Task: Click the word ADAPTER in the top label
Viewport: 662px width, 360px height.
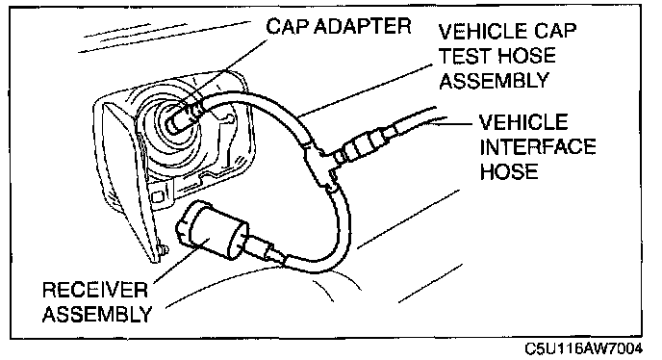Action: [x=362, y=26]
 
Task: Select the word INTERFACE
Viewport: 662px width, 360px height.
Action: [x=538, y=146]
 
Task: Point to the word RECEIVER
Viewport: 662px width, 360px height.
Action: [x=95, y=290]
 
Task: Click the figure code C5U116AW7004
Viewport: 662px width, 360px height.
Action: [x=583, y=349]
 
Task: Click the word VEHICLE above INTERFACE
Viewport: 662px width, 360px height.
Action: [x=523, y=122]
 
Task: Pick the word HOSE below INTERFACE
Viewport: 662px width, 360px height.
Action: [x=509, y=171]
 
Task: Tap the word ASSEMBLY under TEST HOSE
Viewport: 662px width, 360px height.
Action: [x=494, y=80]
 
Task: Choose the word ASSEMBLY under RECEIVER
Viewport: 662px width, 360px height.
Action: [x=97, y=315]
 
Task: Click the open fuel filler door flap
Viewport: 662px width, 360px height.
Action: [x=122, y=182]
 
